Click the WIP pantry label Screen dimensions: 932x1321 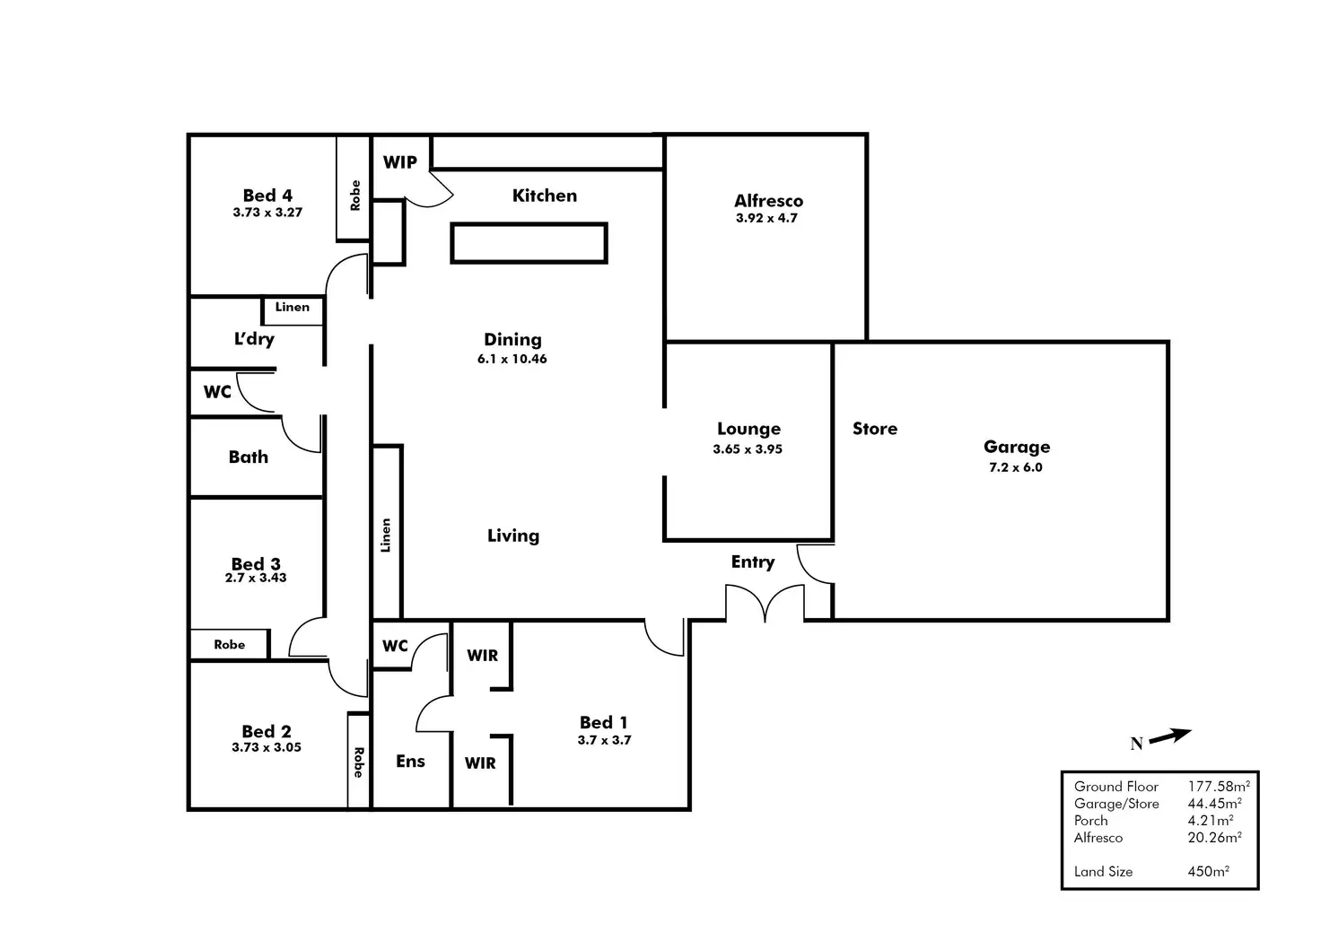(399, 162)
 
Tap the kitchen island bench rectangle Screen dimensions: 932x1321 (529, 243)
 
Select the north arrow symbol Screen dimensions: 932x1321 (1169, 736)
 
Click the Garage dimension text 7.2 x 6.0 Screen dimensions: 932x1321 (1015, 467)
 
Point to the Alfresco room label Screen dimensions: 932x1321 (768, 201)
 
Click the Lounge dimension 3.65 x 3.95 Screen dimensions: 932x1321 (748, 449)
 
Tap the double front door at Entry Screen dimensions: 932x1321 (765, 603)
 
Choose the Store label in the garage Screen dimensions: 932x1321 (875, 429)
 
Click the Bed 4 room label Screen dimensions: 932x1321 (267, 196)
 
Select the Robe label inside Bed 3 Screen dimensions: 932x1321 (230, 644)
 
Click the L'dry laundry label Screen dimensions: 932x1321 (254, 339)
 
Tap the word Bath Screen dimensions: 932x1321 (249, 457)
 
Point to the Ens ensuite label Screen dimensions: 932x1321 (410, 761)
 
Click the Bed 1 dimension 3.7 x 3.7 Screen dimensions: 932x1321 (604, 740)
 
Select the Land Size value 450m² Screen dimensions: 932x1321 (1208, 871)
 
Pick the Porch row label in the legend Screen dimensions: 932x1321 (1090, 820)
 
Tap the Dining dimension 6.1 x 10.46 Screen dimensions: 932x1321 (512, 359)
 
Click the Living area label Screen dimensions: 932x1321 (513, 536)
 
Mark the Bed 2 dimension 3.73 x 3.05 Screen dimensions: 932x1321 (267, 747)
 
